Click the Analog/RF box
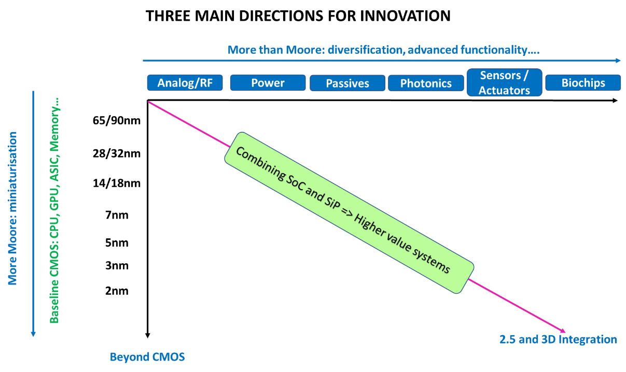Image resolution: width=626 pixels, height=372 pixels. click(185, 83)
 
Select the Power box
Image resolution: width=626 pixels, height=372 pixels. click(268, 83)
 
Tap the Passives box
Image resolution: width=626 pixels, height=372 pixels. click(347, 83)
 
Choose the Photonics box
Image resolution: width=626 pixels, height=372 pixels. click(426, 83)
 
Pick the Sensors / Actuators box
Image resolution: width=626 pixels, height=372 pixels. click(504, 82)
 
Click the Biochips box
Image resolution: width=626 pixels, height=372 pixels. click(583, 83)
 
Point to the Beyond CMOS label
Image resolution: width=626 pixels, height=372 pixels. click(147, 357)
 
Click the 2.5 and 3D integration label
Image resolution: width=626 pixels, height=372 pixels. click(558, 340)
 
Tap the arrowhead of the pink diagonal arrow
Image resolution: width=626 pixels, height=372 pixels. click(562, 330)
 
